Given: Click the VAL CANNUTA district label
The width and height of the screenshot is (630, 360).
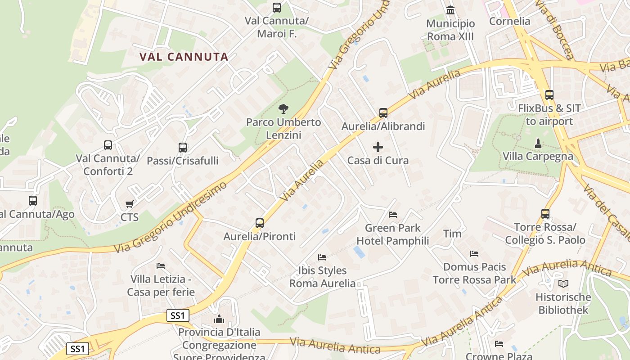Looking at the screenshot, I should (x=184, y=57).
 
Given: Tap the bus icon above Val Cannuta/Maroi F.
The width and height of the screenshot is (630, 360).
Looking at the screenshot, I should (x=277, y=8).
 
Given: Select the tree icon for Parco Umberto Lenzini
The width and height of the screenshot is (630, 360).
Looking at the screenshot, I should (x=283, y=108).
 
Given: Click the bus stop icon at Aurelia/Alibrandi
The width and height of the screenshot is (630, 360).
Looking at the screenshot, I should (x=383, y=112).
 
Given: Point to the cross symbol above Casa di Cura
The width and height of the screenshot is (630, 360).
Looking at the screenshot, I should (x=378, y=147).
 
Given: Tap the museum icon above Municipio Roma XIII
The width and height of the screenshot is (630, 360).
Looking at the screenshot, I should (x=450, y=10).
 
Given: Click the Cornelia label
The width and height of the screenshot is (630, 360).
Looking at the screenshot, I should (x=509, y=21).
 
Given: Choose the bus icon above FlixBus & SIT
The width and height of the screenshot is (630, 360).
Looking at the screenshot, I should (x=549, y=95).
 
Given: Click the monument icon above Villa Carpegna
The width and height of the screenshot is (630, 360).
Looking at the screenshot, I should (x=538, y=144).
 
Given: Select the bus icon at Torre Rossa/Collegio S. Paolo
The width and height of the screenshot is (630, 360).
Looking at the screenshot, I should (x=545, y=214).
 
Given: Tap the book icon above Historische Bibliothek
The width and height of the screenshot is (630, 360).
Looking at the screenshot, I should (x=563, y=284).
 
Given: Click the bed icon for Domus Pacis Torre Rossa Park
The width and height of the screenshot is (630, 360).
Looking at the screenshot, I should (x=474, y=254).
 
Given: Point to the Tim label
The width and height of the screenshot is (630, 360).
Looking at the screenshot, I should (x=452, y=234).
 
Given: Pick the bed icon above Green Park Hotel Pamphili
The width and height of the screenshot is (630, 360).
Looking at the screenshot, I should (x=393, y=215).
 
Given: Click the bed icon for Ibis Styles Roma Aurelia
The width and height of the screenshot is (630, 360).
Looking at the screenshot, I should (x=322, y=257).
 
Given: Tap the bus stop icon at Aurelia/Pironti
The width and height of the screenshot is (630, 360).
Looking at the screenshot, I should (x=260, y=223).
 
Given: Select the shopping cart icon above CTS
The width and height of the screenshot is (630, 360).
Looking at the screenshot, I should (x=130, y=204).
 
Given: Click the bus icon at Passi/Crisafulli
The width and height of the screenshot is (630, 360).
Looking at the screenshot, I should (x=183, y=147).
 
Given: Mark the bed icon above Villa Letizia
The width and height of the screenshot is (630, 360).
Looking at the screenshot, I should (x=161, y=266).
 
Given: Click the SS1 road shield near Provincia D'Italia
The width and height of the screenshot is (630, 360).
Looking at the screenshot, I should (x=178, y=315).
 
